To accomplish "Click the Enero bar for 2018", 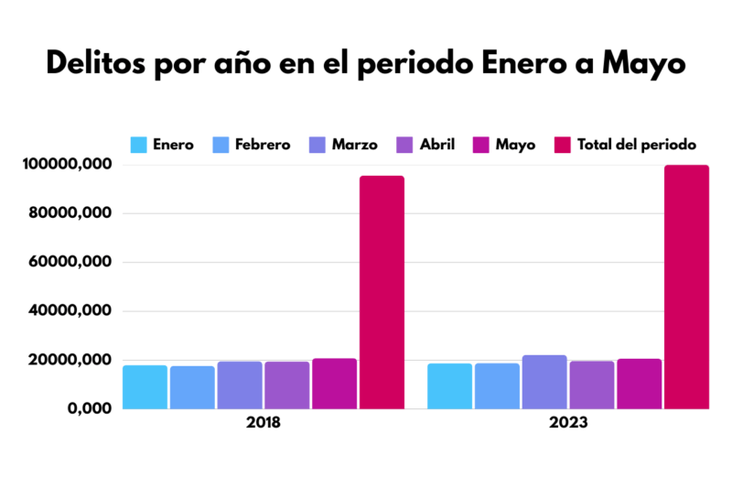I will click(145, 386).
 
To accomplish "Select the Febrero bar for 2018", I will click(192, 387).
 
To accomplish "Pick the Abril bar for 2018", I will click(287, 385).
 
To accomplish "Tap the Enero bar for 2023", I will click(449, 385).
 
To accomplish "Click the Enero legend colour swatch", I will click(139, 145).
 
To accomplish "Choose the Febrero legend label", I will click(262, 145).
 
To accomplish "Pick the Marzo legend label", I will click(354, 145).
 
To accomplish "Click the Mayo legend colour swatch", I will click(481, 145).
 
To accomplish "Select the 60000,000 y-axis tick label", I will click(76, 262).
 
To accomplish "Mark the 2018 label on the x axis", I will click(264, 426).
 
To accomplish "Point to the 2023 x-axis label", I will click(568, 426).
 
